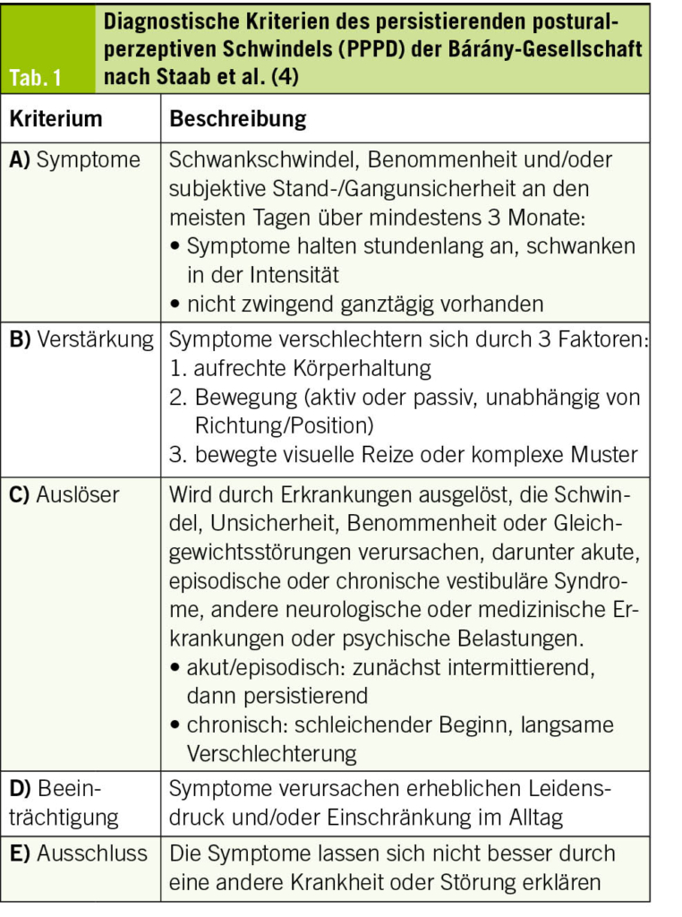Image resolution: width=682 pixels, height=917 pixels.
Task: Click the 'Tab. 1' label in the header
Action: (x=37, y=77)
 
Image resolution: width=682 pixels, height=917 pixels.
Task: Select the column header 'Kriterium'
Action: (x=55, y=119)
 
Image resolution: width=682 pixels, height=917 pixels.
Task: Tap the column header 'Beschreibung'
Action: (x=238, y=119)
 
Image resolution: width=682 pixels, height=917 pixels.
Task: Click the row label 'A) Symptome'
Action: (x=75, y=160)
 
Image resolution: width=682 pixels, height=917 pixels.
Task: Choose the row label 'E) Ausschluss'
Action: (x=79, y=853)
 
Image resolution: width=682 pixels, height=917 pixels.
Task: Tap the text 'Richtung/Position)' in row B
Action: (x=283, y=425)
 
